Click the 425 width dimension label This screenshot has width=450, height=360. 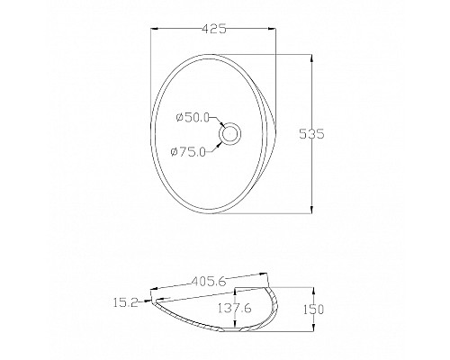click(214, 29)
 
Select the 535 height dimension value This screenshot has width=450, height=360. click(312, 134)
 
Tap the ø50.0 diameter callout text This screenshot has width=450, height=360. click(193, 118)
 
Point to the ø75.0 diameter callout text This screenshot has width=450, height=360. click(188, 152)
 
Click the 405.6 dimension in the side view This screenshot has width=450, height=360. click(209, 282)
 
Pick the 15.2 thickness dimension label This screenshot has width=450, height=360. click(125, 302)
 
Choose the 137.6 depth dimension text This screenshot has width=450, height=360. click(235, 308)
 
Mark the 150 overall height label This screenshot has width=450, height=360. click(312, 310)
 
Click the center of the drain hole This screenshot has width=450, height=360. click(229, 133)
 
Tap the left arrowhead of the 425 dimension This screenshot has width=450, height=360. click(154, 29)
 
